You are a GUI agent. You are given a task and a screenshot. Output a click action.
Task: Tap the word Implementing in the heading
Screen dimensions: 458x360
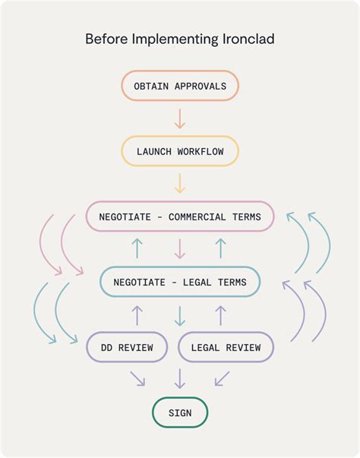tap(175, 39)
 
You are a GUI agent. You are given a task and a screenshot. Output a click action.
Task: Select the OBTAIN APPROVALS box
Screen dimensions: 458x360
tap(180, 86)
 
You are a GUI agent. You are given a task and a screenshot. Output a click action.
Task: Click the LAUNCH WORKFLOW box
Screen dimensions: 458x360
tap(180, 151)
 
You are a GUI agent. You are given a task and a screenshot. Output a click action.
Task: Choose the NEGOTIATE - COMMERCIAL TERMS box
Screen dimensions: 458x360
tap(180, 216)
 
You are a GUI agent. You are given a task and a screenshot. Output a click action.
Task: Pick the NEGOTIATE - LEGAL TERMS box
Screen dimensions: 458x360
tap(180, 282)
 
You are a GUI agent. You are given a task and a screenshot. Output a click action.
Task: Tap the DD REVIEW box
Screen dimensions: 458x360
tap(127, 347)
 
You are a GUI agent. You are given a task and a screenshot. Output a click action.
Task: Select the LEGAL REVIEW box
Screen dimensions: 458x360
tap(226, 347)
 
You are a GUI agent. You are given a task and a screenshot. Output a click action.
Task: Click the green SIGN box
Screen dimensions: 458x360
tap(180, 413)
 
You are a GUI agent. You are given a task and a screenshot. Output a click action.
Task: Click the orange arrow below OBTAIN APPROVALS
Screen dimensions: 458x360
tap(180, 118)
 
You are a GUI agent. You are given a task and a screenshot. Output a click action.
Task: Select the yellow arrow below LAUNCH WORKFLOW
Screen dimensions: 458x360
tap(180, 184)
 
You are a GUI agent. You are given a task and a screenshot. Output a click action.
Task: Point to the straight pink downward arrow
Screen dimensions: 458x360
tap(180, 249)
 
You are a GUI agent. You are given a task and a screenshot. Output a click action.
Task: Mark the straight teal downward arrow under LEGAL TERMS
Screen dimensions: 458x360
tap(180, 314)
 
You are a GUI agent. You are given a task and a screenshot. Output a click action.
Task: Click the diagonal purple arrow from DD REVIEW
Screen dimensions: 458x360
tap(138, 377)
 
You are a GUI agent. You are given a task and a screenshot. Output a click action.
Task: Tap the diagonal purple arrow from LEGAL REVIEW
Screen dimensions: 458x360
tap(222, 377)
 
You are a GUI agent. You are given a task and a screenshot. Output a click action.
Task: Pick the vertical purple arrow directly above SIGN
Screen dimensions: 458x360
tap(180, 378)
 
